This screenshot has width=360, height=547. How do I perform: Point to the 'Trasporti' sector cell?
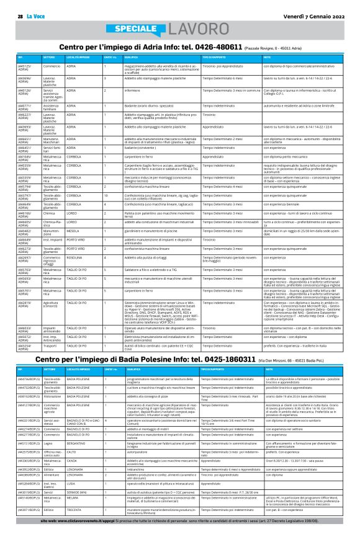click(52, 329)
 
